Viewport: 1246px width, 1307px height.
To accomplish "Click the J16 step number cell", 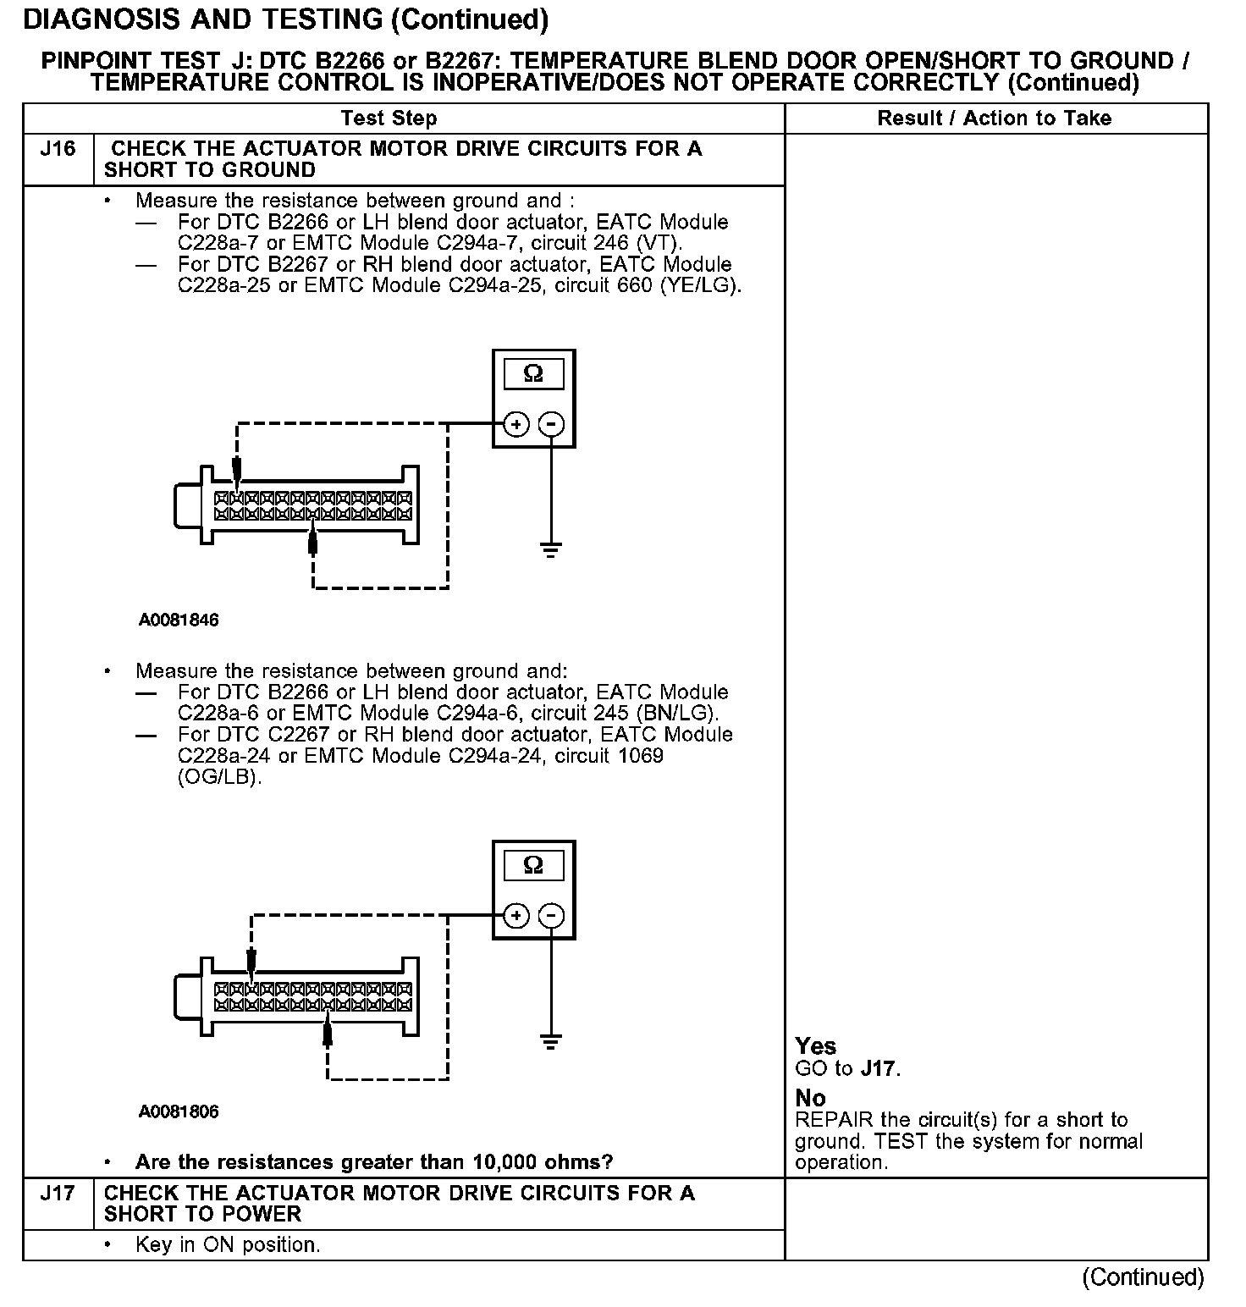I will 58,150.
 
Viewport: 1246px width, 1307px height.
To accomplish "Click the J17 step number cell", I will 58,1194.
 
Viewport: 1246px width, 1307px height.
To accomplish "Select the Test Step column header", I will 389,119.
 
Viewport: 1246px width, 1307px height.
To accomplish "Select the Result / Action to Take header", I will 995,119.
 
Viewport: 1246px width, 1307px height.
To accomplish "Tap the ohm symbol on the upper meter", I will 533,373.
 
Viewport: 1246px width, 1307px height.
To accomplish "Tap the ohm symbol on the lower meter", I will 533,865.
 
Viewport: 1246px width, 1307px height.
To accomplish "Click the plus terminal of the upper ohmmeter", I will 515,424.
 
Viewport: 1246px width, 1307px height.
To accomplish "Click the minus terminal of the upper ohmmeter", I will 551,424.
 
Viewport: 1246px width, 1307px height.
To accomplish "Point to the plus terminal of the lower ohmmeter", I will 515,916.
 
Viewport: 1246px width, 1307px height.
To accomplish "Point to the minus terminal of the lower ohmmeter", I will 551,916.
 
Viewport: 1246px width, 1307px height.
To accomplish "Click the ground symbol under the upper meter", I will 551,551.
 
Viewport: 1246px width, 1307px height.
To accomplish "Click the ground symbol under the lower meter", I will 551,1041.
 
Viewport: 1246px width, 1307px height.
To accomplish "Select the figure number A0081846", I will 179,620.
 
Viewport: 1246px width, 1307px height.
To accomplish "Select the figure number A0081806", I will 179,1111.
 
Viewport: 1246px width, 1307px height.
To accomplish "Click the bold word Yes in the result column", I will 816,1046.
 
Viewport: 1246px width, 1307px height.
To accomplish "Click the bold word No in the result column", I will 810,1098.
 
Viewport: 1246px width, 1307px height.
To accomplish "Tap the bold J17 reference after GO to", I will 879,1068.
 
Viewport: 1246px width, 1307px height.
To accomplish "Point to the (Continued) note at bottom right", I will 1142,1277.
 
